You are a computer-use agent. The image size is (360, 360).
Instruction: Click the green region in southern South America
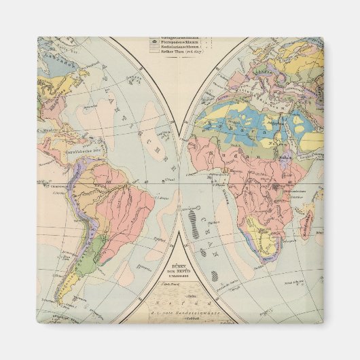[x=86, y=255]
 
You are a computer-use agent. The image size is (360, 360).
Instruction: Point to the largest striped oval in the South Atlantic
[x=197, y=222]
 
